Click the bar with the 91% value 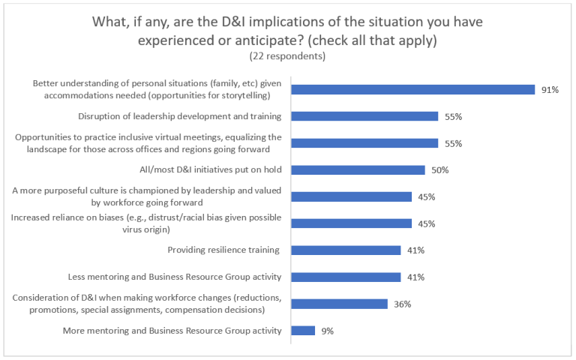(x=412, y=89)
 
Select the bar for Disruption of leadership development (x=364, y=116)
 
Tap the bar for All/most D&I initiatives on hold (x=358, y=170)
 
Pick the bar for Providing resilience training (x=346, y=250)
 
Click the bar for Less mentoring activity (x=346, y=277)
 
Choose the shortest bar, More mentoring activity (x=303, y=331)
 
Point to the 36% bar (x=339, y=304)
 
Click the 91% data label (x=550, y=90)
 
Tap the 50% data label (x=439, y=170)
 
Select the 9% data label (x=327, y=331)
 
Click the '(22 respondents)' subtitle (x=287, y=55)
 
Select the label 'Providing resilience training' (x=223, y=250)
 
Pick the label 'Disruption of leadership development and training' (x=180, y=116)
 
